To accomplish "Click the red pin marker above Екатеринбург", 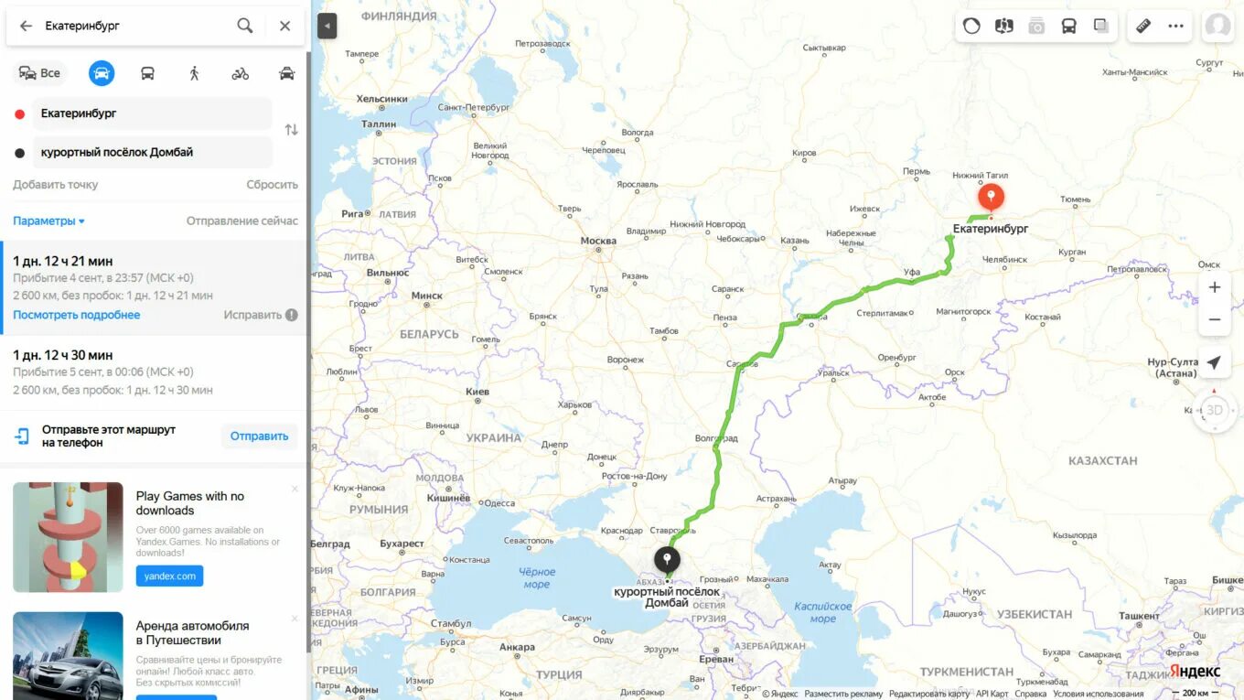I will click(x=991, y=197).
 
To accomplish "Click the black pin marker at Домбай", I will click(x=667, y=558).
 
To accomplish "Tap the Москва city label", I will click(x=598, y=241).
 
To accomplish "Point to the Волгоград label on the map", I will click(x=715, y=438).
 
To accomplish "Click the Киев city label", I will click(x=477, y=392).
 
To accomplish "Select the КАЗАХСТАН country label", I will click(x=1102, y=460).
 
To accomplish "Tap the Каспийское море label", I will click(x=822, y=612).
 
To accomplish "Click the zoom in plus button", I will click(x=1214, y=287).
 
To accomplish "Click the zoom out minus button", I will click(x=1214, y=319).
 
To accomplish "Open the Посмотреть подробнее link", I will click(x=77, y=315).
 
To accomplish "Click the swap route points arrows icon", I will click(x=291, y=130).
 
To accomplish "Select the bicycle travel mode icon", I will click(x=240, y=73).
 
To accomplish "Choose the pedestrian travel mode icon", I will click(x=194, y=73).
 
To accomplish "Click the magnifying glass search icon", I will click(x=245, y=26).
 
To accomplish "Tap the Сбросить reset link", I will click(x=272, y=185).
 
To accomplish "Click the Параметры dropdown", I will click(x=48, y=221).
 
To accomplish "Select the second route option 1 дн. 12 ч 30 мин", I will click(x=63, y=355).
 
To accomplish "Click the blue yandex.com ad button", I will click(x=169, y=576).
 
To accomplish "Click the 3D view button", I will click(x=1214, y=410).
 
